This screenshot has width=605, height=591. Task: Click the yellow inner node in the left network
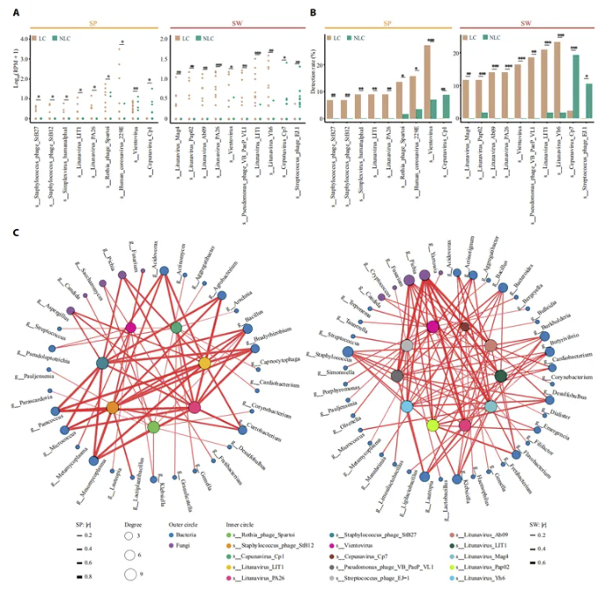coord(204,363)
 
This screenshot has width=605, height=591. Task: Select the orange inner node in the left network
coord(113,407)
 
